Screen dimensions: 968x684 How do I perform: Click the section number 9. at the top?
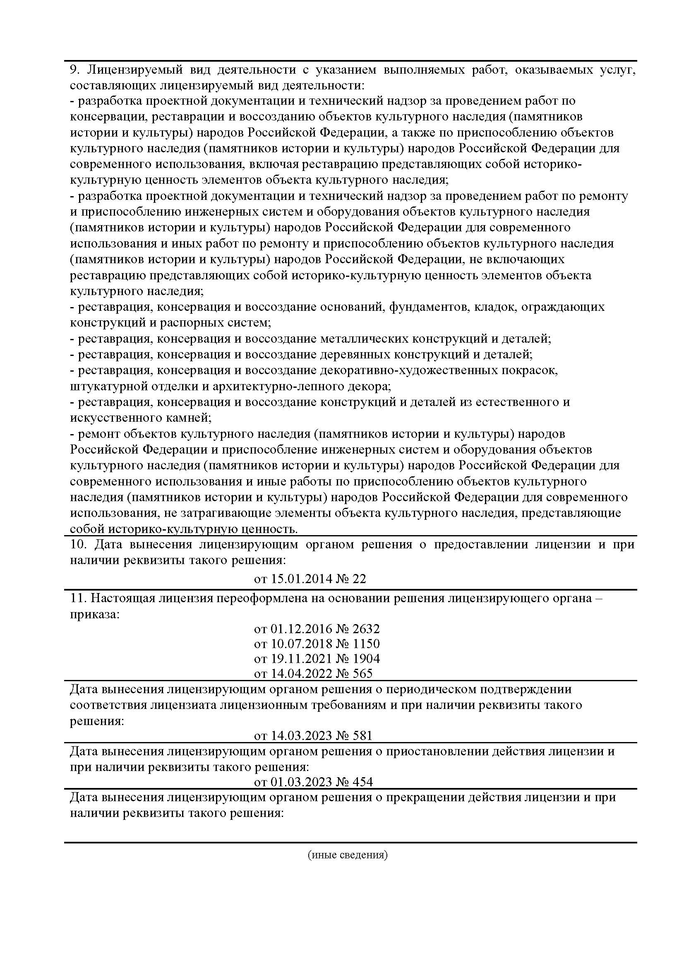(x=74, y=70)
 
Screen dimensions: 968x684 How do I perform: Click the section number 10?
(x=78, y=544)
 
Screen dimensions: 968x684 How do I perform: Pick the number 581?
(x=362, y=736)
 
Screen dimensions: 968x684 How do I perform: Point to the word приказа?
(x=95, y=614)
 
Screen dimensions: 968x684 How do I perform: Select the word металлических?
(x=364, y=339)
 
